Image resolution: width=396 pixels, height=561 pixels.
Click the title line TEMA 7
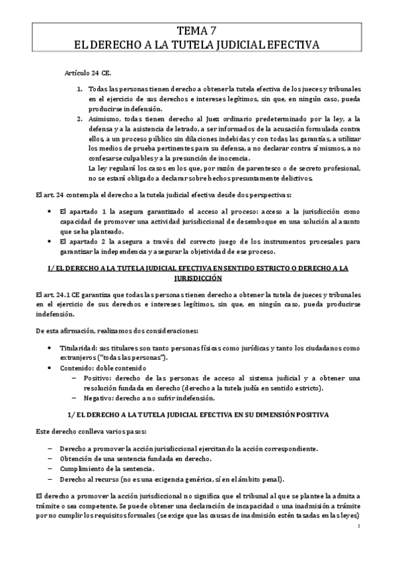[198, 30]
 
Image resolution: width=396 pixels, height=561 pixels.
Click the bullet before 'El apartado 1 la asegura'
[52, 210]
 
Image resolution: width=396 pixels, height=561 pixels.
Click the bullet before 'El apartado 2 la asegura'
[52, 241]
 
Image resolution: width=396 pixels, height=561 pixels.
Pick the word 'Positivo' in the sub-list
[95, 378]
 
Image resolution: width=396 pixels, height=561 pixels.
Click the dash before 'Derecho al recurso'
[52, 478]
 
